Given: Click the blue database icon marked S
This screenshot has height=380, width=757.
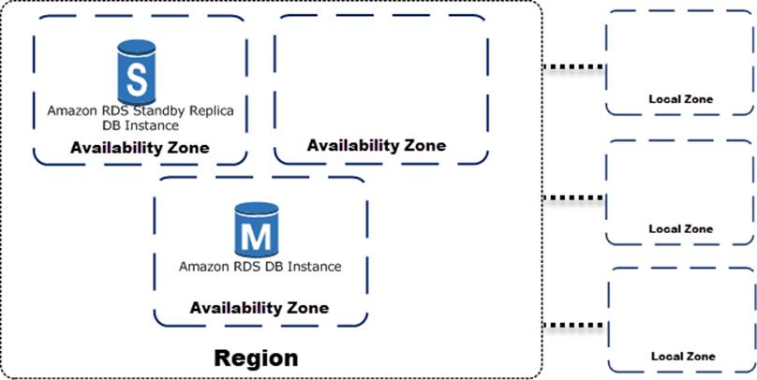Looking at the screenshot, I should point(136,73).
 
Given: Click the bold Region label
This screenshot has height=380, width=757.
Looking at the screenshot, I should point(256,358).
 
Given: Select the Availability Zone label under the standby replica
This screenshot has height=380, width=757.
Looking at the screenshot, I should point(140,148).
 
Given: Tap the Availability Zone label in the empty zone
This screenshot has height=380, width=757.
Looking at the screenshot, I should point(377,145).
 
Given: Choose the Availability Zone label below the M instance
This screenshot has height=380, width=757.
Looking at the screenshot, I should point(260,307).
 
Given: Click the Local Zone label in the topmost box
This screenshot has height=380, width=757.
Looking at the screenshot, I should point(681,98).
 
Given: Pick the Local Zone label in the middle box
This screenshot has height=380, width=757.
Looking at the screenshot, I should point(681,228).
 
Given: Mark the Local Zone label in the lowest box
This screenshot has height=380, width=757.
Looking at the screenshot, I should point(683,357).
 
